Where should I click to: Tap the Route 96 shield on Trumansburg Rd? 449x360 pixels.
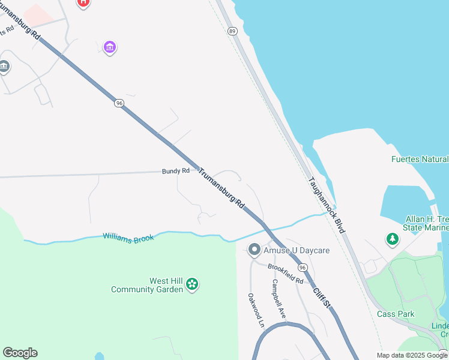click(119, 103)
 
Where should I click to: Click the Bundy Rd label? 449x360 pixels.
click(175, 171)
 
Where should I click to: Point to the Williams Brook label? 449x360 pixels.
click(128, 238)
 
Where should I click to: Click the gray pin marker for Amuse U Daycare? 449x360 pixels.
click(254, 249)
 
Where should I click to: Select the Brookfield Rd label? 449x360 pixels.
click(286, 274)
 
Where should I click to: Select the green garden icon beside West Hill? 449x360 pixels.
click(192, 284)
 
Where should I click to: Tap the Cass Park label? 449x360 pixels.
click(396, 314)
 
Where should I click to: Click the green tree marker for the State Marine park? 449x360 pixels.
click(393, 239)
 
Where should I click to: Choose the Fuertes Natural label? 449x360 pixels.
click(419, 159)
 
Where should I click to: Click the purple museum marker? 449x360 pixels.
click(109, 47)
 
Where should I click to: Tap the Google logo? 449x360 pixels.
click(20, 353)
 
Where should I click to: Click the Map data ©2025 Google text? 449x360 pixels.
click(412, 355)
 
